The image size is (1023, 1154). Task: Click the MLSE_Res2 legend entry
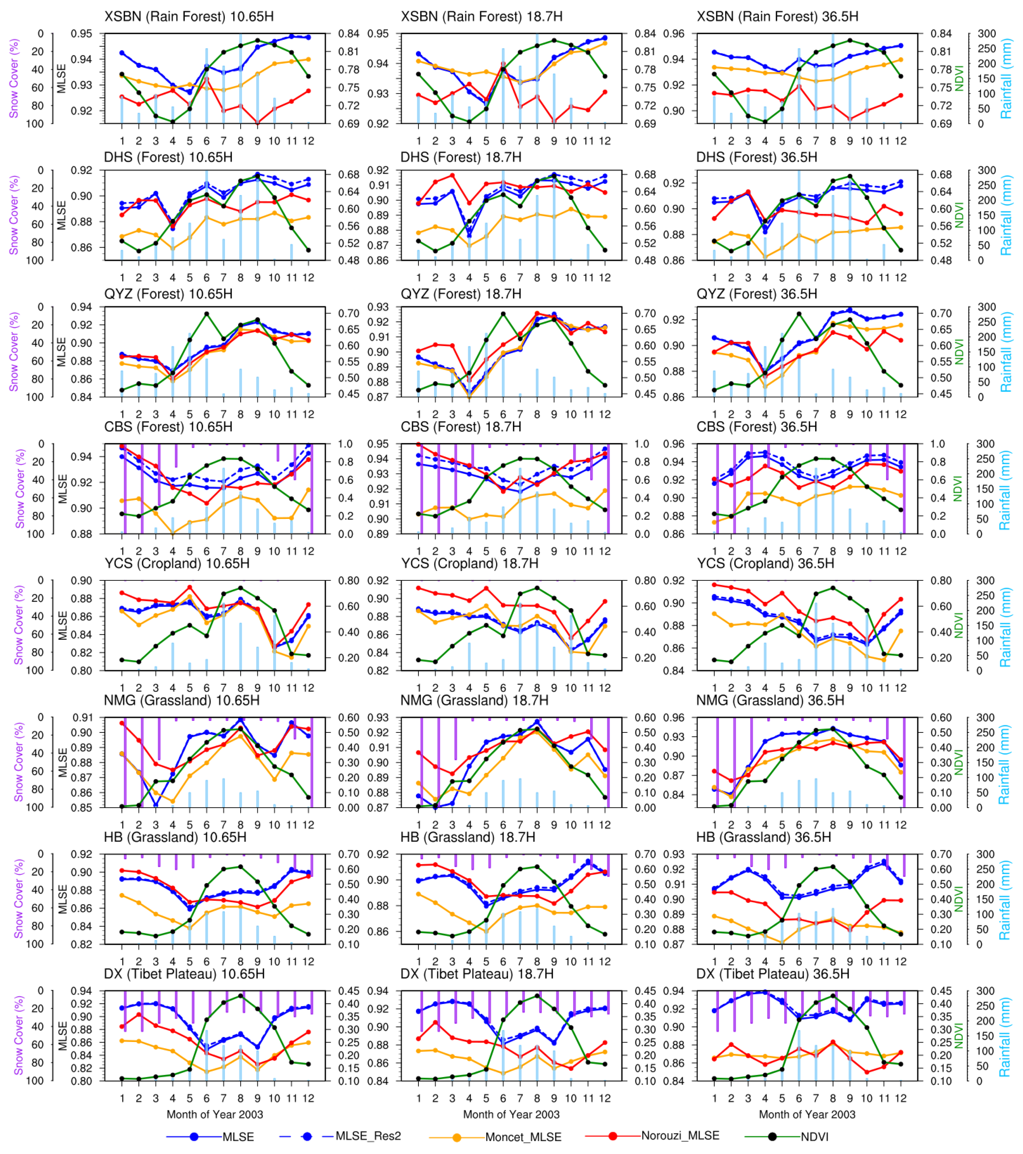click(x=367, y=1136)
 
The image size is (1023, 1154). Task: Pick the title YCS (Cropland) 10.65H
click(x=177, y=564)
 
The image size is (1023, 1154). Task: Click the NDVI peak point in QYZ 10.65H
click(x=207, y=314)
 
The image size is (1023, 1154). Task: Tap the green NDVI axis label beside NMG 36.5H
click(x=958, y=762)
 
